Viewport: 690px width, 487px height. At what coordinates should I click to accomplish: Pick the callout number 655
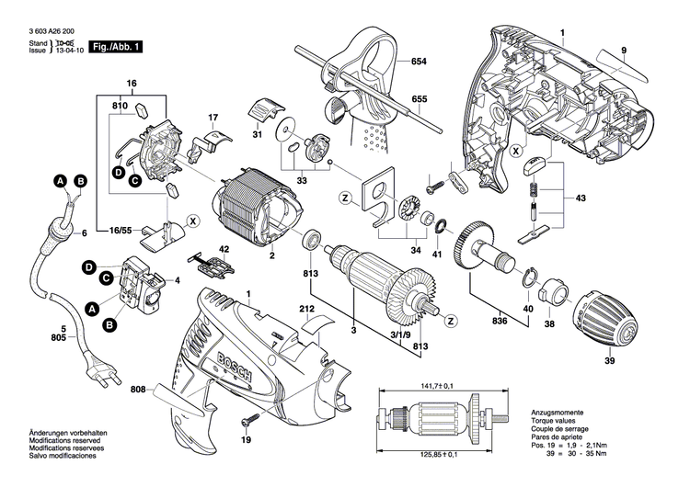pos(419,98)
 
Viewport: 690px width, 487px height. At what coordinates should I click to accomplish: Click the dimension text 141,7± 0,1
pos(442,387)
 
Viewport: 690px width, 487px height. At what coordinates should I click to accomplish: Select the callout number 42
pos(224,250)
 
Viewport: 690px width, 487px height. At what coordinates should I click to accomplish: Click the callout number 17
pos(213,118)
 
